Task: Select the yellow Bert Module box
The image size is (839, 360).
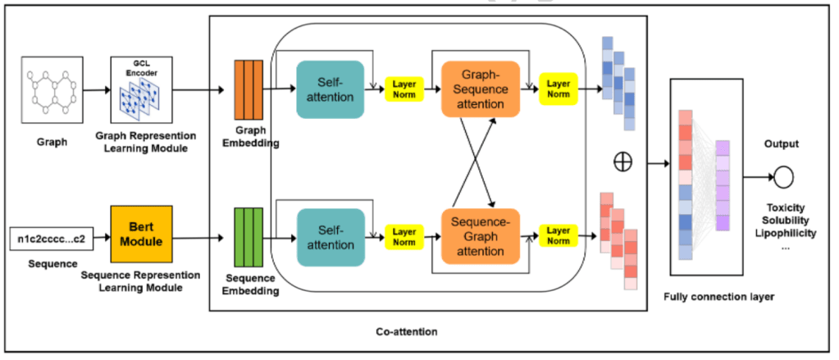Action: (x=141, y=231)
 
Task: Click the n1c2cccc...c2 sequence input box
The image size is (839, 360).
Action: (x=52, y=241)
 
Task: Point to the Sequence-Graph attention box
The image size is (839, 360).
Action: (x=481, y=235)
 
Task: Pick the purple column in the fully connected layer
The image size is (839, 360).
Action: (x=722, y=185)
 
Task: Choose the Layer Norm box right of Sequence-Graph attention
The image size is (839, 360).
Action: (x=559, y=235)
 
